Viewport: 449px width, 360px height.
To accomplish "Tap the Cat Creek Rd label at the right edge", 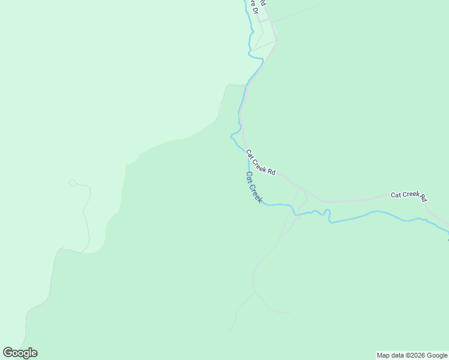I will (408, 196).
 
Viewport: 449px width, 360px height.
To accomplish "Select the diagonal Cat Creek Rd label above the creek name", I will (261, 163).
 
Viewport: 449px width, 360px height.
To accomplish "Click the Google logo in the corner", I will (20, 353).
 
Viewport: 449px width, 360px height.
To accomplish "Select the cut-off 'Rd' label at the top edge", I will (263, 3).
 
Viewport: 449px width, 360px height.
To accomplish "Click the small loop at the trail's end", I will (73, 183).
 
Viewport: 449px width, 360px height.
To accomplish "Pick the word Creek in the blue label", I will (256, 192).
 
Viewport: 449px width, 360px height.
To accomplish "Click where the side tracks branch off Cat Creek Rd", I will (300, 188).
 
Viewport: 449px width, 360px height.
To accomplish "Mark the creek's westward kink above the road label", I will (233, 136).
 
